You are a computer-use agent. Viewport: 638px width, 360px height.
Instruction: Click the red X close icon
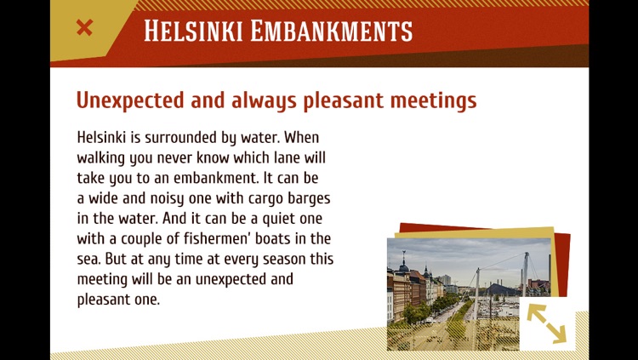(84, 28)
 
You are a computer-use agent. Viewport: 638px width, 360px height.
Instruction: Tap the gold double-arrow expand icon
(546, 323)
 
